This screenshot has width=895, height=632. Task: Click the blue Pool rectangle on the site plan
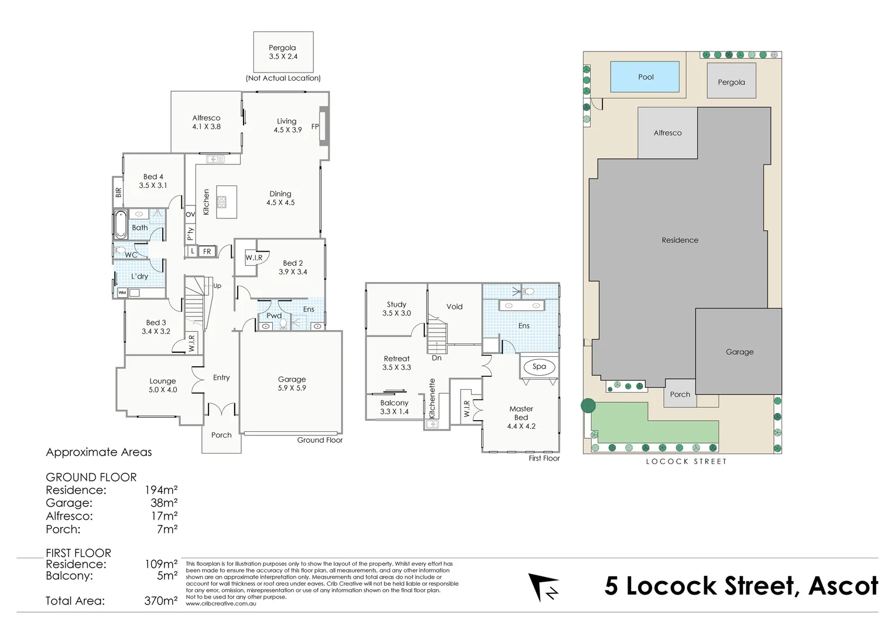[645, 77]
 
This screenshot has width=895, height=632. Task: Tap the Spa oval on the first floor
[539, 367]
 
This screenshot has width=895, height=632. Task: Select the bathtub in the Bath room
[121, 225]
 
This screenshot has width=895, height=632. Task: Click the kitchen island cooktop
[222, 202]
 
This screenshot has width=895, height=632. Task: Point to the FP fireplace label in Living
[315, 126]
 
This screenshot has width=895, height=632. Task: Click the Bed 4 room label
[153, 177]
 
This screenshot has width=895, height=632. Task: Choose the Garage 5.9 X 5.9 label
[292, 383]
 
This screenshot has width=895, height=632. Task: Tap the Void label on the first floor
[454, 307]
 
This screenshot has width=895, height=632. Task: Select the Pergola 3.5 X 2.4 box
[283, 53]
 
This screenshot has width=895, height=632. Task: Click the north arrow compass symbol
[542, 587]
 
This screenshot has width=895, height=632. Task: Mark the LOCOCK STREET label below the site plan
[686, 462]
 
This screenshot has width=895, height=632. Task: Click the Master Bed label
[521, 413]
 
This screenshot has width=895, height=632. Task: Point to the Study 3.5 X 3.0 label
[396, 309]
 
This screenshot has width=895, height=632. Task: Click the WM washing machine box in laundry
[122, 293]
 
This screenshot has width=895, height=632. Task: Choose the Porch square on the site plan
[680, 394]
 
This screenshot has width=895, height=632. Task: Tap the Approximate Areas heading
[99, 452]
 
